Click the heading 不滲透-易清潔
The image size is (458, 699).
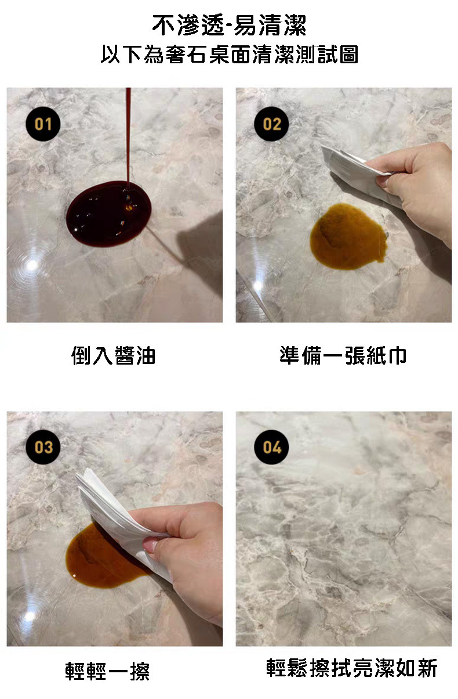[x=229, y=26]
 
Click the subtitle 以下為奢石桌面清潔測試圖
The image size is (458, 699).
[x=229, y=55]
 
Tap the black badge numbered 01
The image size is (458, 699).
[x=43, y=124]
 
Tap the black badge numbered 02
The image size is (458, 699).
[x=271, y=124]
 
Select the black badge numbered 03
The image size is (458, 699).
[x=43, y=447]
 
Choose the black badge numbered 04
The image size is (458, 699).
[x=271, y=447]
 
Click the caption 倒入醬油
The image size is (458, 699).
[x=114, y=355]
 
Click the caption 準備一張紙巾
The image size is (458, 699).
[x=343, y=355]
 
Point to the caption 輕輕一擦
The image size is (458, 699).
[x=108, y=671]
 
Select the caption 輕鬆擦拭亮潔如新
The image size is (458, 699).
[x=351, y=668]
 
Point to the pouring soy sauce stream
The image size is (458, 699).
[x=128, y=134]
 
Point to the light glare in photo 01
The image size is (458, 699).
[x=32, y=264]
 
